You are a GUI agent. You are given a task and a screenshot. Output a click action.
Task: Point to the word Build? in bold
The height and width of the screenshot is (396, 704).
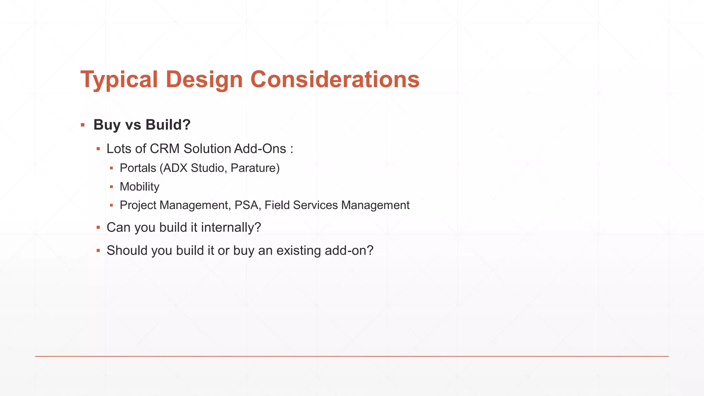[x=168, y=125]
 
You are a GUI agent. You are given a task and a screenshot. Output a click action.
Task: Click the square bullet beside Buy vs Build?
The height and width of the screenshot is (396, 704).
[x=83, y=125]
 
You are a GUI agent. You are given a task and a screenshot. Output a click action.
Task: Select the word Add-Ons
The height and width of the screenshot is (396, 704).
[x=260, y=149]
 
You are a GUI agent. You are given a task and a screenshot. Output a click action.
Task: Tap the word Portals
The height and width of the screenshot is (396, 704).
[x=138, y=168]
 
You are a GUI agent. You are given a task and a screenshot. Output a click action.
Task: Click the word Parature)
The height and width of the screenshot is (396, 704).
[x=255, y=168]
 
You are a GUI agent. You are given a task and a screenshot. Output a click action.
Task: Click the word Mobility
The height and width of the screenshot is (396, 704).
[x=140, y=187]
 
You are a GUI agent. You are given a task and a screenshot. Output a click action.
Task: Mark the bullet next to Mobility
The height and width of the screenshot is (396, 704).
[x=111, y=187]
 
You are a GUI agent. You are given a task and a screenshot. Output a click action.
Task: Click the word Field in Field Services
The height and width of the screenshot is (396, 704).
[x=277, y=205]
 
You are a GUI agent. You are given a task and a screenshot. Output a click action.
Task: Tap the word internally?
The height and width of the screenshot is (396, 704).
[x=231, y=228]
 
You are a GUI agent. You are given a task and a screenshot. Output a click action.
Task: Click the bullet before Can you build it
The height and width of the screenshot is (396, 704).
[x=98, y=228]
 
